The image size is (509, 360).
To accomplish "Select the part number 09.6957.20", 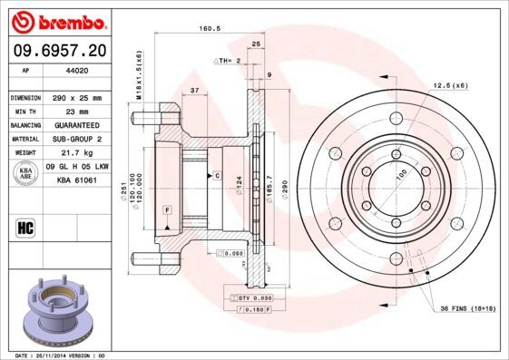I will pos(49,51).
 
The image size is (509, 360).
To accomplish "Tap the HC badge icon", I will pos(25,227).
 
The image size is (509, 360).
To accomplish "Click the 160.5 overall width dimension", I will pos(212,28).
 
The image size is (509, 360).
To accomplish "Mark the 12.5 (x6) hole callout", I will pos(450,86).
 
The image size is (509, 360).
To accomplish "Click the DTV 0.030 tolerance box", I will pos(250,297).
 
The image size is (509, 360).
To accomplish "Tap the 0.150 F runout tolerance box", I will pos(250,309).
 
